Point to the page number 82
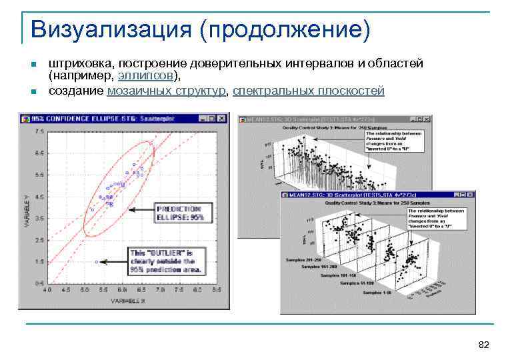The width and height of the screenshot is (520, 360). coord(484,344)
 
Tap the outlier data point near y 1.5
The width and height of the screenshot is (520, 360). coord(97,262)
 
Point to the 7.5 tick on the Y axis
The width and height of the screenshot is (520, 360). coord(39,131)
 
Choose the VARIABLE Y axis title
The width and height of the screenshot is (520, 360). coord(27,211)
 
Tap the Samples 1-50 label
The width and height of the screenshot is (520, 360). coord(377,293)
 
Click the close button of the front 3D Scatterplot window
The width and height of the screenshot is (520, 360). coord(471,195)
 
